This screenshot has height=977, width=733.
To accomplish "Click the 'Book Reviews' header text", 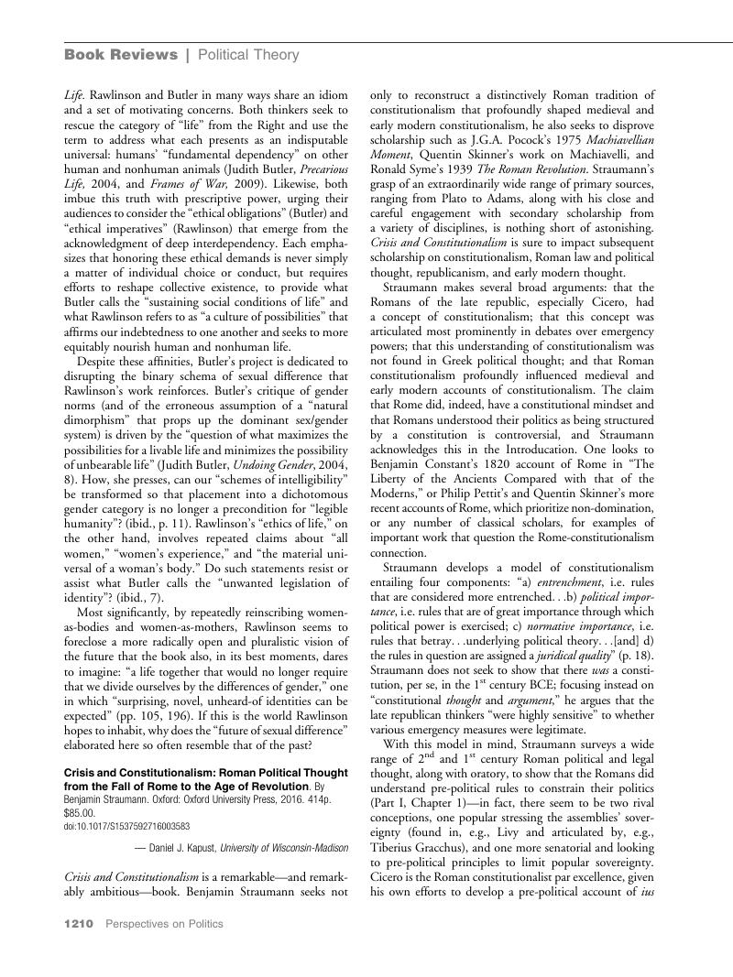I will coord(121,55).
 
